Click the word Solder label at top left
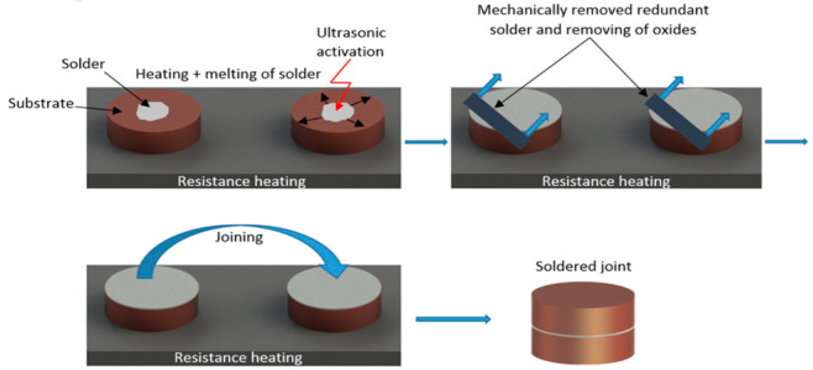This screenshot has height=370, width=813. (83, 64)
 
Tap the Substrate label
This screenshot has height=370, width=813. (41, 103)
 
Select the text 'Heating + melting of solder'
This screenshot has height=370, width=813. (228, 74)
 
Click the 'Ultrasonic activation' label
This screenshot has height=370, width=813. (351, 42)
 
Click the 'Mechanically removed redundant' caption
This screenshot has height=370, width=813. (593, 10)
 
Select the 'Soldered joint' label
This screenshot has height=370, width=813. (583, 266)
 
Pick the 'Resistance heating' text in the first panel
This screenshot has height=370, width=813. (241, 181)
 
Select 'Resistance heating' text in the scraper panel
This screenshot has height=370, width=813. (606, 181)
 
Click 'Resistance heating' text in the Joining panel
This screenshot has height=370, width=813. (238, 357)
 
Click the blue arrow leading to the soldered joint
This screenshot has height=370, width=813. (453, 319)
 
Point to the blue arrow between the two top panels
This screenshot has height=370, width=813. (426, 142)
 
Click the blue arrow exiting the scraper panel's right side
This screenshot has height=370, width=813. (786, 141)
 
